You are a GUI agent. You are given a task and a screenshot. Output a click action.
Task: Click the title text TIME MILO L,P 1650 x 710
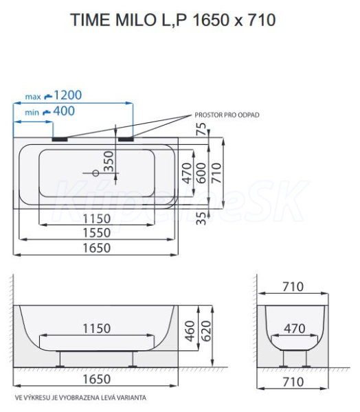tap(172, 20)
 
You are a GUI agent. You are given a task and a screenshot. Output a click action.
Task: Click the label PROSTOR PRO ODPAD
tap(227, 115)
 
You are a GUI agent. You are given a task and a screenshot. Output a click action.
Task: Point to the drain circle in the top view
tap(96, 173)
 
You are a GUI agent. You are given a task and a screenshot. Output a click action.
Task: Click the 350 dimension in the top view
tap(109, 161)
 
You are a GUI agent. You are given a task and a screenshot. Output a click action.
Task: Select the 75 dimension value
tap(201, 129)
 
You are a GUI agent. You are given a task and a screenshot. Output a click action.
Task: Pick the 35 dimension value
tap(201, 218)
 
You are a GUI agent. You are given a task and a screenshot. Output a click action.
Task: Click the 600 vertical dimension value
tap(201, 173)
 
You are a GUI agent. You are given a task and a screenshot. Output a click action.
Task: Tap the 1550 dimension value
tap(96, 233)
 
